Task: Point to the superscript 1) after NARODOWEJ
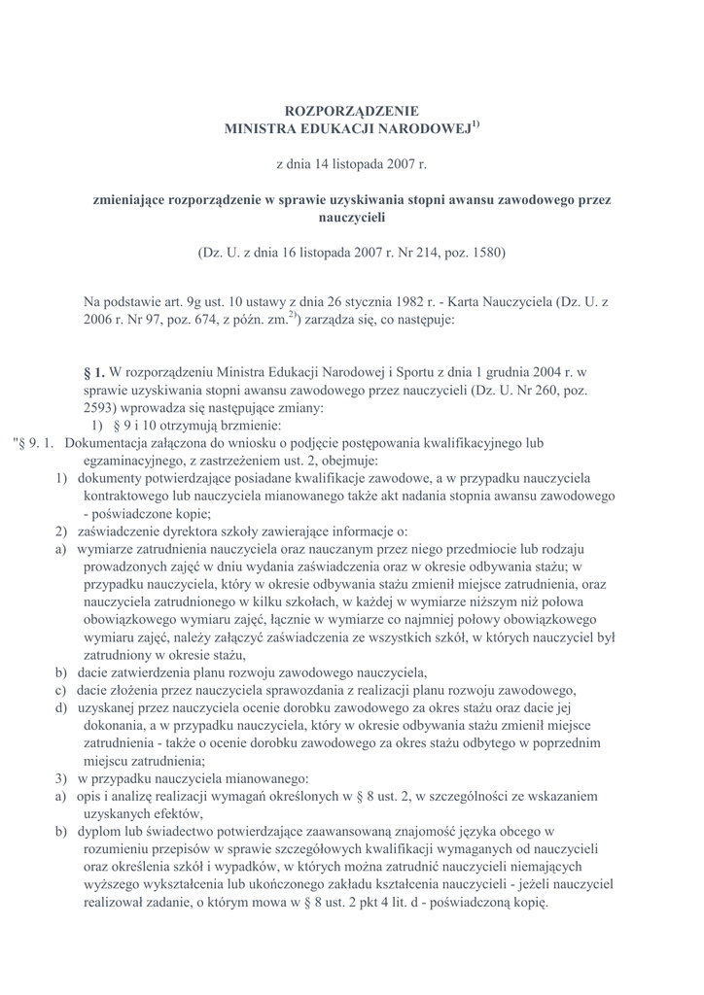475,123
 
